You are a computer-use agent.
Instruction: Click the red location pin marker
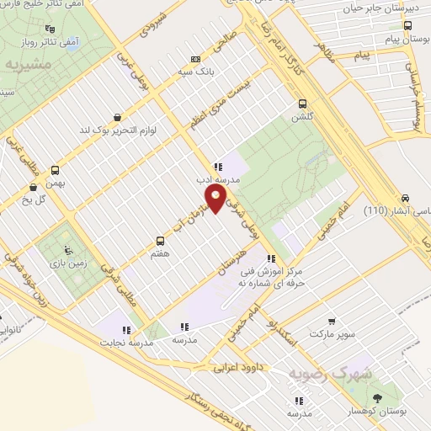point(215,198)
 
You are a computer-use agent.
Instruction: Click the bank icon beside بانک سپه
point(196,60)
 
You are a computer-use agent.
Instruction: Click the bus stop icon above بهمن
point(56,168)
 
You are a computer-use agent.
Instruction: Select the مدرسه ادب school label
point(217,179)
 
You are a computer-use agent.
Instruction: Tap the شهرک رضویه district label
point(323,372)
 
